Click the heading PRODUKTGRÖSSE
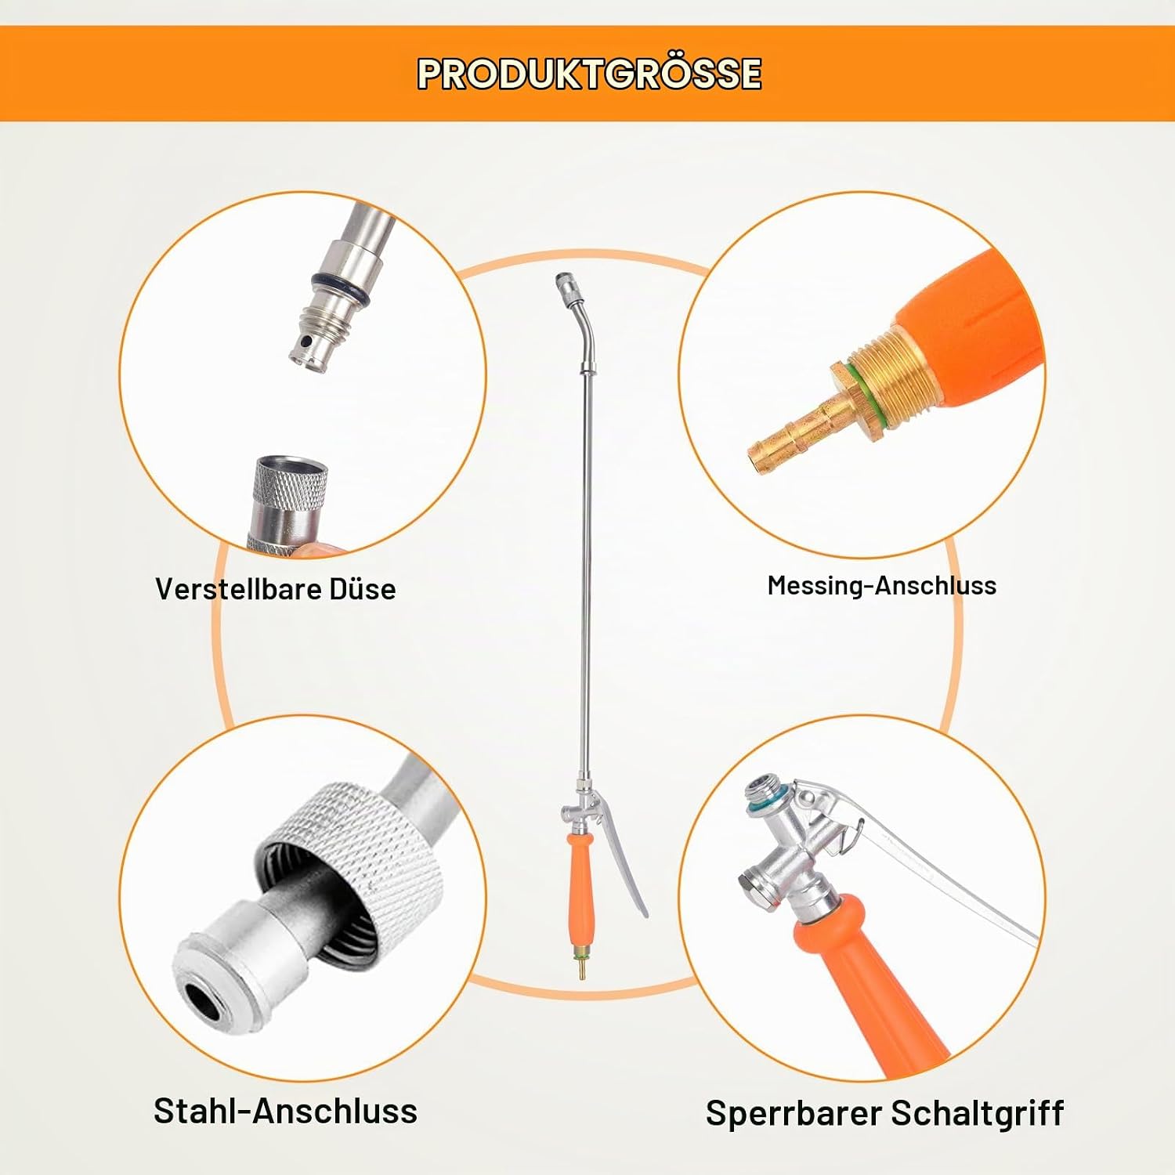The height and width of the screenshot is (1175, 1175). tap(589, 74)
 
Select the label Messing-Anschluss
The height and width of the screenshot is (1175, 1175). tap(882, 586)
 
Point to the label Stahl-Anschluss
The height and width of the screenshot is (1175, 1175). tap(285, 1111)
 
